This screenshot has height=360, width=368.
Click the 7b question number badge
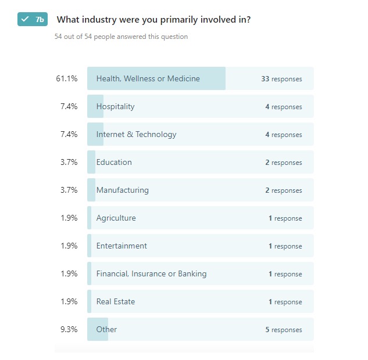tap(33, 20)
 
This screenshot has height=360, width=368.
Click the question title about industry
tap(153, 20)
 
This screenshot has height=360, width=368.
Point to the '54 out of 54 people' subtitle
tap(121, 37)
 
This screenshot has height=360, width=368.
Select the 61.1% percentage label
tap(67, 78)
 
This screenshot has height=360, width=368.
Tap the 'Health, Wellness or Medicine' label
tap(148, 78)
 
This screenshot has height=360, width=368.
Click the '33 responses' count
tap(281, 79)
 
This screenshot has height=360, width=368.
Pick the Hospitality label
tap(115, 106)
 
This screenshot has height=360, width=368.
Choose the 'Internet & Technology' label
tap(136, 134)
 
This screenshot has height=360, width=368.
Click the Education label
tap(114, 162)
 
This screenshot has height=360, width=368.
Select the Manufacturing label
tap(122, 190)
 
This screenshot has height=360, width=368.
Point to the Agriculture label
tap(116, 218)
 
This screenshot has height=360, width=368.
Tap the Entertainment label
tap(122, 246)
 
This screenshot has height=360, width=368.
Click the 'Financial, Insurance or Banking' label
tap(151, 273)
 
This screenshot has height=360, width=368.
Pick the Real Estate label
tap(115, 301)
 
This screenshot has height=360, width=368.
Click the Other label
tap(106, 329)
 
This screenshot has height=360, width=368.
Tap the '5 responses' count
tap(284, 330)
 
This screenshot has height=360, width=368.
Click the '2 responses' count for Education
tap(284, 163)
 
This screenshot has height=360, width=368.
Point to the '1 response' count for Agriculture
tap(285, 218)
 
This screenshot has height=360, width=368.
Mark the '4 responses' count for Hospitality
tap(284, 107)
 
